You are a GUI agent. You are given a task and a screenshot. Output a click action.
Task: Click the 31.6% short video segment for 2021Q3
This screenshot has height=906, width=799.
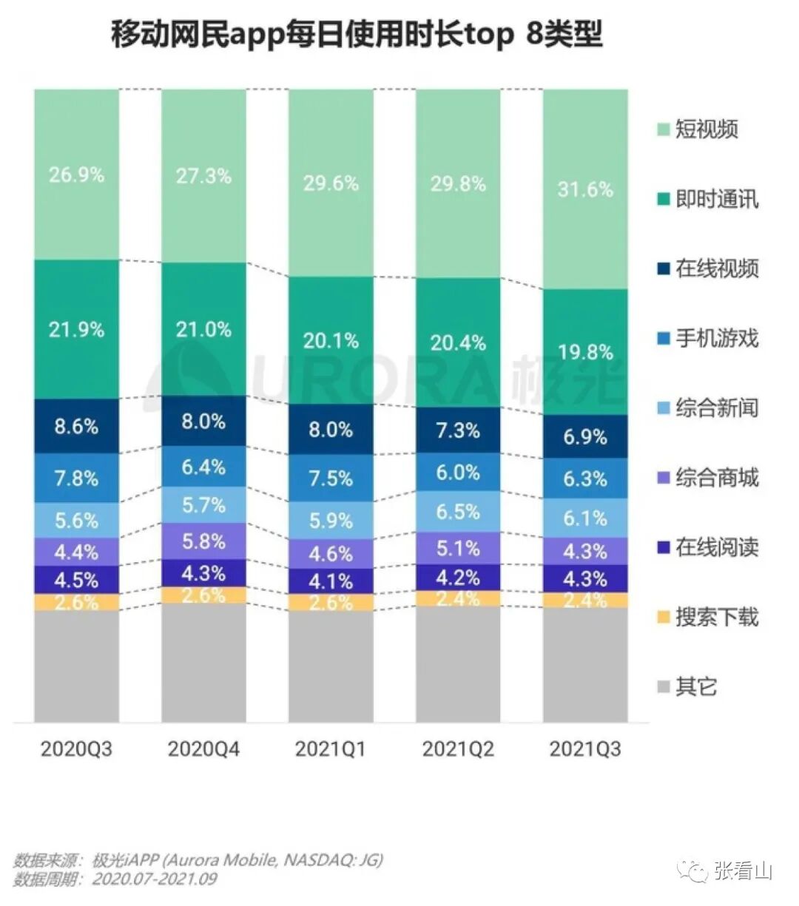coord(585,189)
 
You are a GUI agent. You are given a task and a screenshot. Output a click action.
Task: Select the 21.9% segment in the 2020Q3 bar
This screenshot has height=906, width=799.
coord(76,329)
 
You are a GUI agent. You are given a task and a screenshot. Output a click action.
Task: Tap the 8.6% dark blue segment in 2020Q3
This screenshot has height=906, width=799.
coord(76,426)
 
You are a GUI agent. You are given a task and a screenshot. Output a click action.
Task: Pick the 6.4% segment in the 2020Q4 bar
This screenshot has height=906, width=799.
coord(203,467)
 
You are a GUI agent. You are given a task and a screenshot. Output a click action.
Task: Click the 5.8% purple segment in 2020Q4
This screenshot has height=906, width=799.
coord(203,541)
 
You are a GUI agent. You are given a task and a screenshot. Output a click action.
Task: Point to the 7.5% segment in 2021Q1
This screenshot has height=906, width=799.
coord(331,478)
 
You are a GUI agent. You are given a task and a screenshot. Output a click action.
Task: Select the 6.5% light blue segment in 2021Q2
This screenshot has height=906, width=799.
coord(458,512)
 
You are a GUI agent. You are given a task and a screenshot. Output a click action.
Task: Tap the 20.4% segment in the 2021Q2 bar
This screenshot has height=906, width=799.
coord(458,342)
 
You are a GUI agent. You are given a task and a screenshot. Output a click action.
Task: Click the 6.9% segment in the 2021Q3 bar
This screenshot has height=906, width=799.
coord(585,436)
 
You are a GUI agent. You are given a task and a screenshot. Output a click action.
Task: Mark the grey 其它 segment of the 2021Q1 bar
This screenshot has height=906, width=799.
coord(331,666)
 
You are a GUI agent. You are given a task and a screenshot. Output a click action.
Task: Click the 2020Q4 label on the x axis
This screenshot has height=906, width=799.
coord(203,748)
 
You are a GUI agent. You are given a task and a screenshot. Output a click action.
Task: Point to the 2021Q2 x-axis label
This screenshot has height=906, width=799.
coord(458,748)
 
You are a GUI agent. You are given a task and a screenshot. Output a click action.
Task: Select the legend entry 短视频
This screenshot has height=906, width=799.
coord(706,129)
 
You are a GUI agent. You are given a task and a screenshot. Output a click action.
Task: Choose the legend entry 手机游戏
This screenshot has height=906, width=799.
coord(716,339)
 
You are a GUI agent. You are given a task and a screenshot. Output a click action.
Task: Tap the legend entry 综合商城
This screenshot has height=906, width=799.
coord(716,478)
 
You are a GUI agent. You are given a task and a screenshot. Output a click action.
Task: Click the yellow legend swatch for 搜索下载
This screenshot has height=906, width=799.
coord(663,617)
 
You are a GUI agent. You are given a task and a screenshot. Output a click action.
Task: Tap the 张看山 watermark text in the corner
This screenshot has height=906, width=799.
coord(743,871)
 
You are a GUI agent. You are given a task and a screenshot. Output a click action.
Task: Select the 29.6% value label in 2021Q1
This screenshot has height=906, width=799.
coord(331,182)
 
